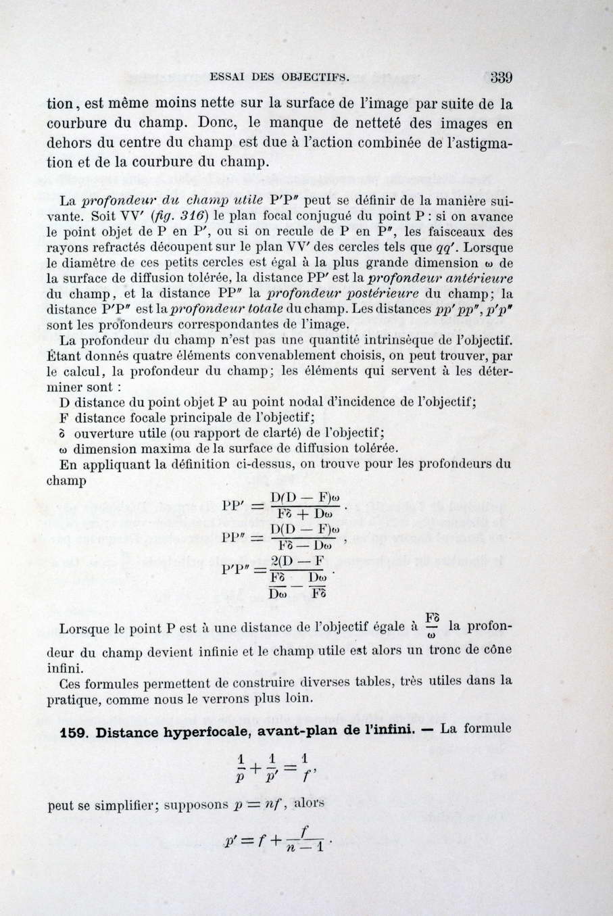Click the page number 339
coord(501,76)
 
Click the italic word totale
coord(251,310)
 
